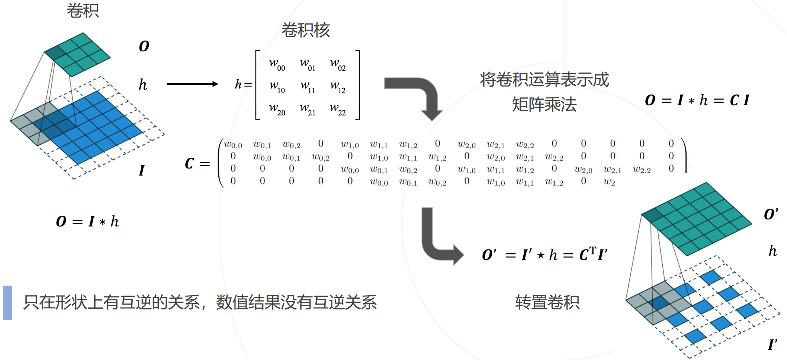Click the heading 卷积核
(x=305, y=30)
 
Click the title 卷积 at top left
(x=83, y=10)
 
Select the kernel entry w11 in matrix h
(x=308, y=87)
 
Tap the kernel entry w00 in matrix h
(x=277, y=64)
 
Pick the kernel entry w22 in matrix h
(x=338, y=109)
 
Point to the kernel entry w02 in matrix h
(x=338, y=64)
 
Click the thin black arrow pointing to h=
(x=192, y=84)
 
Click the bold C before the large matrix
(x=189, y=163)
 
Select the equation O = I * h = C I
(x=697, y=100)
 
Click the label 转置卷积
(x=547, y=302)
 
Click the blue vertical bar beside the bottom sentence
(x=7, y=303)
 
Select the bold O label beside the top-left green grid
(x=144, y=46)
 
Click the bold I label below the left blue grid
(x=141, y=170)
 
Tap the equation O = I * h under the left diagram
(x=87, y=222)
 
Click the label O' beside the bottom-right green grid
(x=771, y=214)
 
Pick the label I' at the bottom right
(x=772, y=345)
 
